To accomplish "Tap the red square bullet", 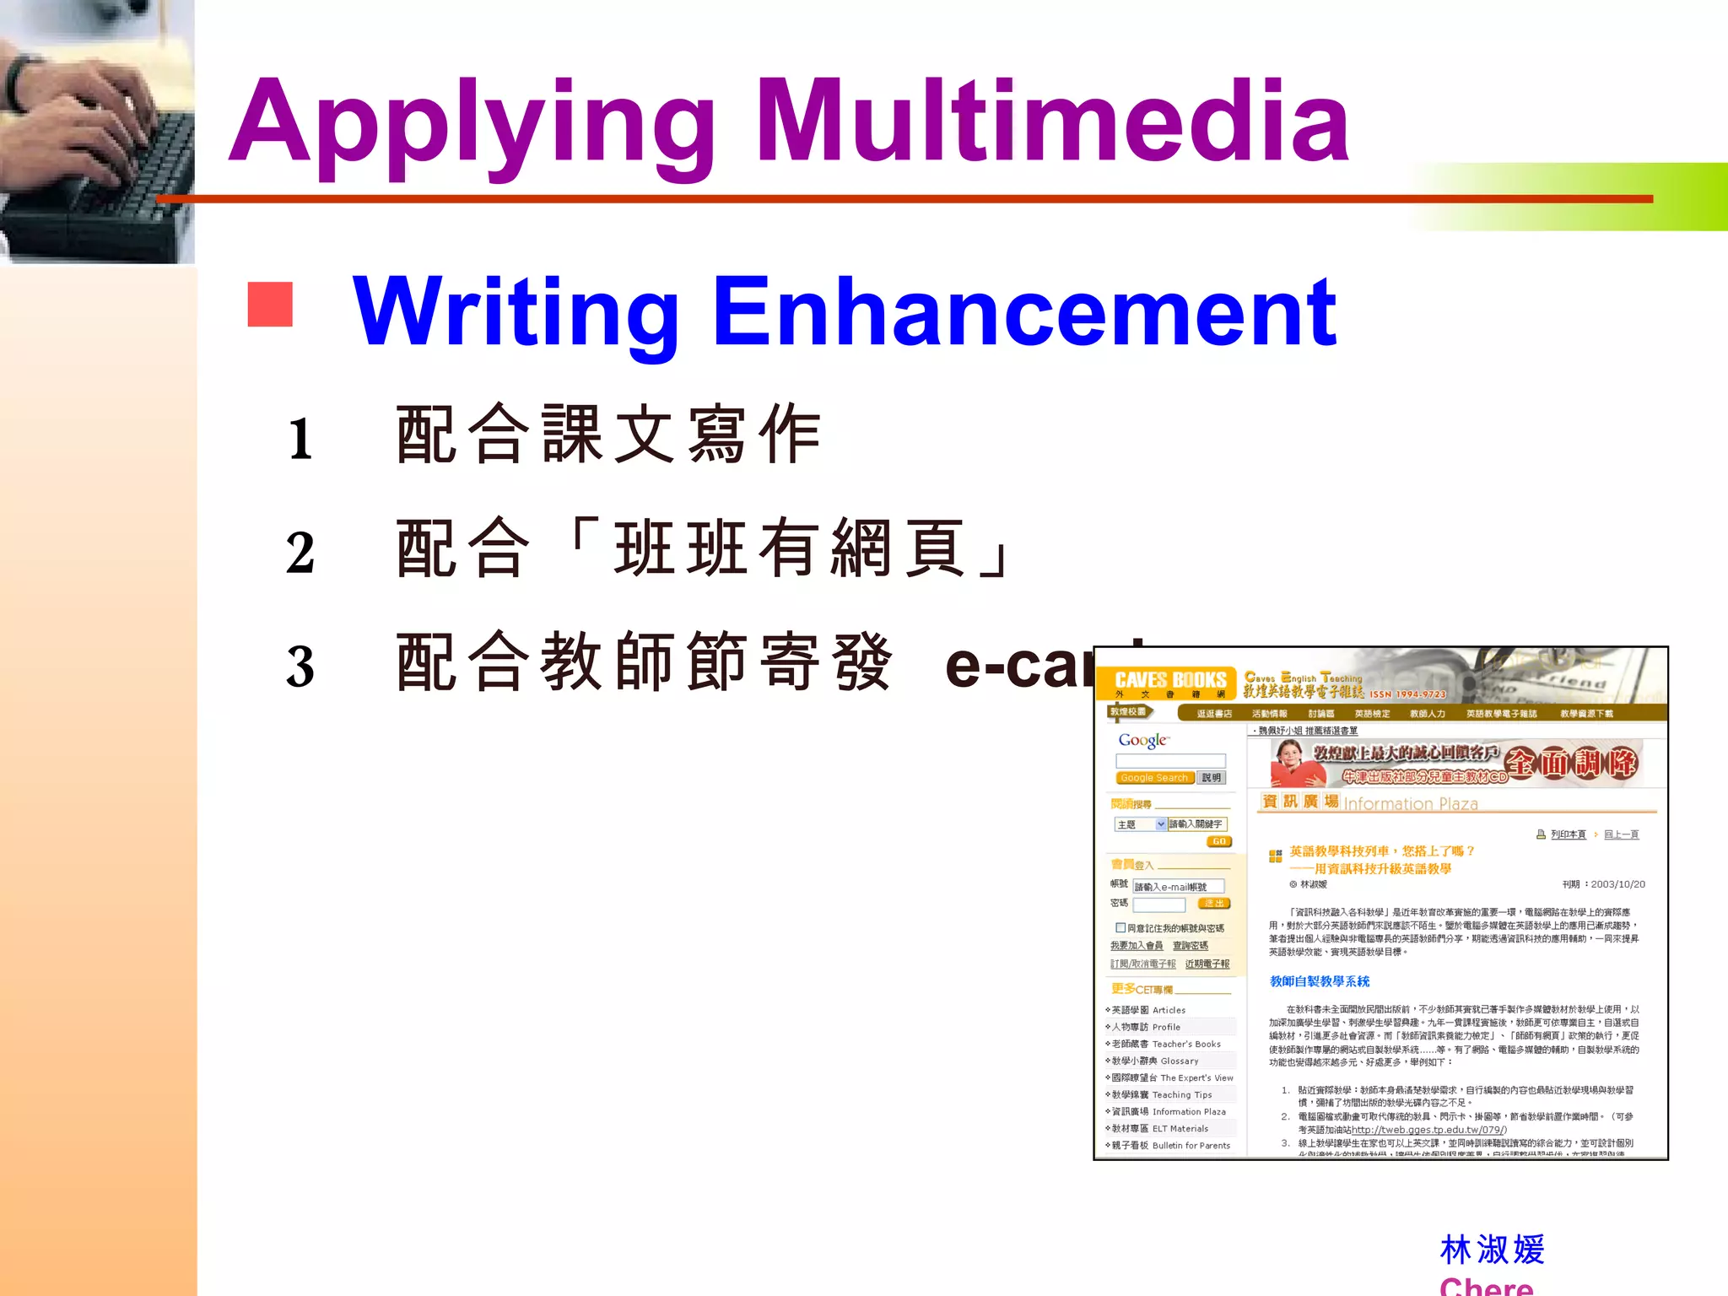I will (270, 304).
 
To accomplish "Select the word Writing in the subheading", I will (516, 312).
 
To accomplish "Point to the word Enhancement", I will (1024, 312).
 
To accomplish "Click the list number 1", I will (300, 440).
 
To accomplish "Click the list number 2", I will (300, 553).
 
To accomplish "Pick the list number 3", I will (300, 667).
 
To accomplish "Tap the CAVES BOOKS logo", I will (1169, 681).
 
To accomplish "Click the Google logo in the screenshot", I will (1143, 741).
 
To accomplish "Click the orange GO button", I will (1219, 841).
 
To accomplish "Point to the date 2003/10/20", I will (1617, 884).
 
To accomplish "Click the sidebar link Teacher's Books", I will (1186, 1044).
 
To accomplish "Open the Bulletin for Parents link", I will (1191, 1145).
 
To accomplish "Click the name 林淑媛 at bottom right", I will (1492, 1250).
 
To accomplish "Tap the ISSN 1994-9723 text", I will (1407, 694).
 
